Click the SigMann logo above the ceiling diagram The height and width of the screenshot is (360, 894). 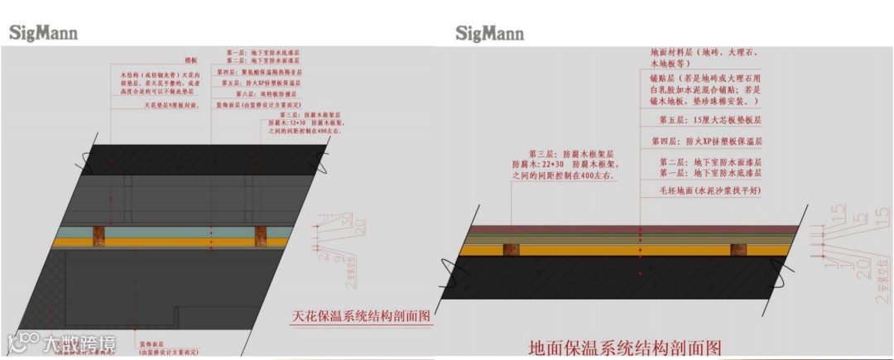click(43, 33)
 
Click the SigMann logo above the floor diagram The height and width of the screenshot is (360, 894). click(489, 33)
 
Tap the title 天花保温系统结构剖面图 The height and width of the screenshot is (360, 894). click(363, 316)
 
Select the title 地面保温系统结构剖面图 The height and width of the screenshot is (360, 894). click(625, 346)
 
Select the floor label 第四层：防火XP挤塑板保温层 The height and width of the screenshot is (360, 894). click(706, 142)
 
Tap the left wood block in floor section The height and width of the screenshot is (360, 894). click(511, 248)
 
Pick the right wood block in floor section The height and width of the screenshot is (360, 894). click(738, 248)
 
